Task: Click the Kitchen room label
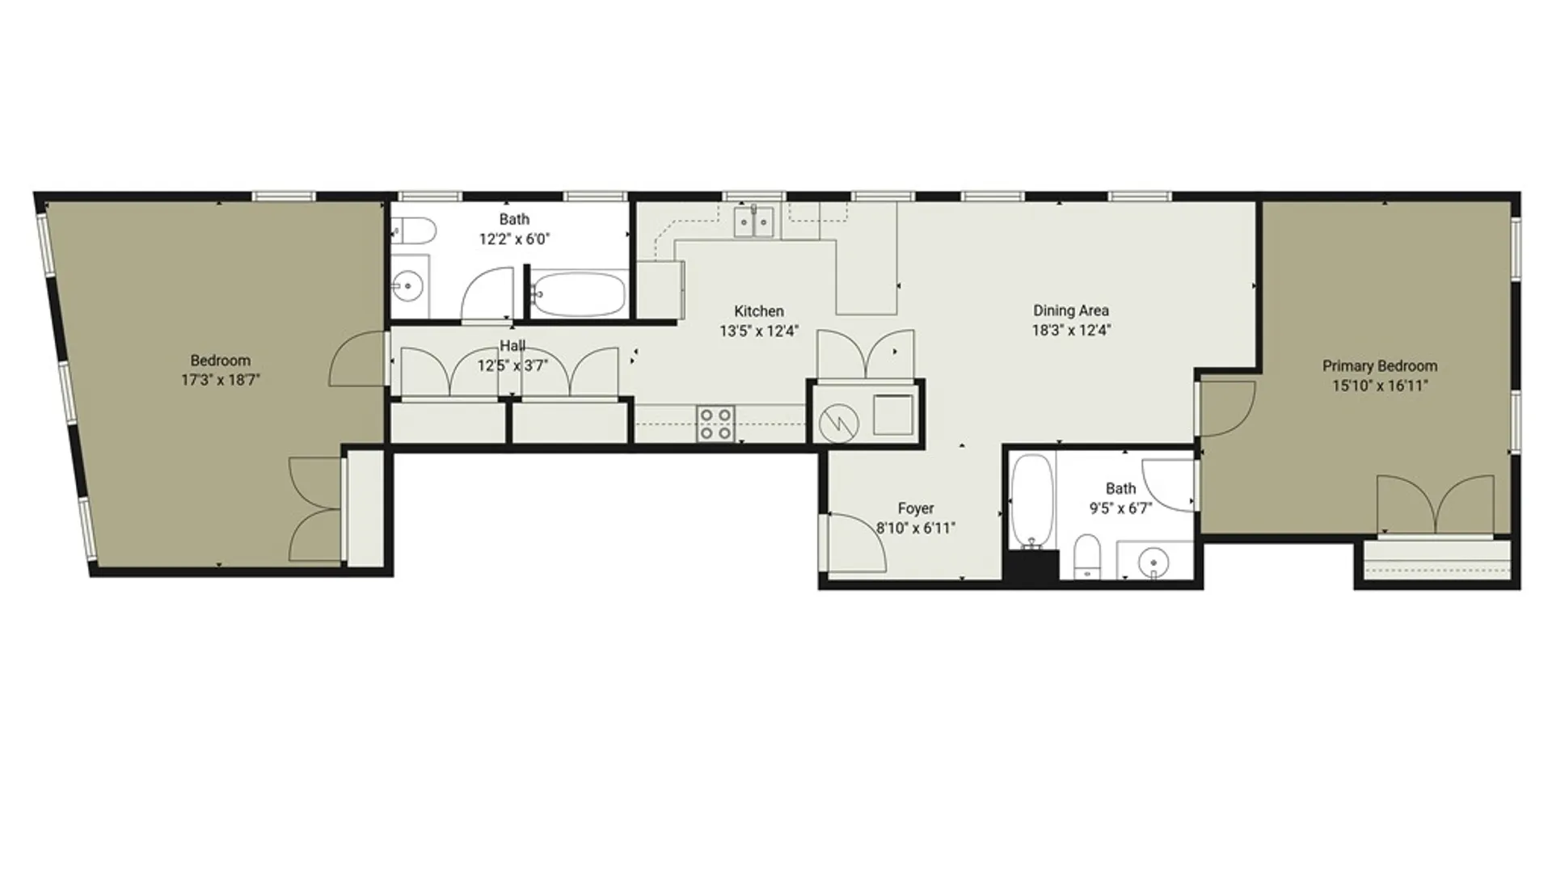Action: tap(758, 311)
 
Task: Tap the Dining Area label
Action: tap(1070, 310)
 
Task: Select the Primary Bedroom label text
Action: tap(1379, 366)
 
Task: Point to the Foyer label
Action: tap(916, 508)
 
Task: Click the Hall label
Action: tap(512, 346)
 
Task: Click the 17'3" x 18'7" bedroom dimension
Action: tap(220, 380)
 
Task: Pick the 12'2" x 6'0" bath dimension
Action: tap(514, 239)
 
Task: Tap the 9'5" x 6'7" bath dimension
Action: tap(1120, 508)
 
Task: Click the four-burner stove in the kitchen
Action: tap(716, 424)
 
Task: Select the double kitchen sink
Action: tap(753, 221)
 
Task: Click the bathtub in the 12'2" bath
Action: tap(580, 294)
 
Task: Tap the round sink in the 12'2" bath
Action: tap(410, 285)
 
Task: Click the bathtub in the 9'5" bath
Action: tap(1032, 501)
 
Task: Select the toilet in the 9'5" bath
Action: tap(1087, 556)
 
